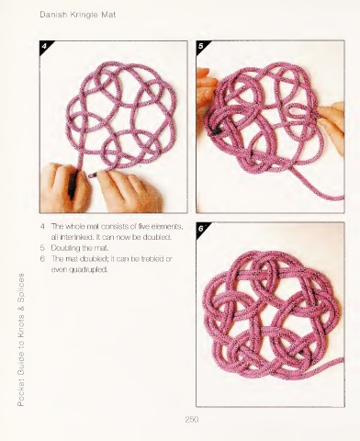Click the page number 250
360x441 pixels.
tap(192, 419)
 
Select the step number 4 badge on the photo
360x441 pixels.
tap(45, 46)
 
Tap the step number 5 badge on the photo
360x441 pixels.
tap(201, 46)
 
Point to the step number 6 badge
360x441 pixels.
tap(201, 229)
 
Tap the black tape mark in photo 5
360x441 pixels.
tap(216, 131)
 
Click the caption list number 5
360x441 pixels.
tap(42, 248)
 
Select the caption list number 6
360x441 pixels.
tap(42, 259)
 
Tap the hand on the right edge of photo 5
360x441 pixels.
tap(333, 126)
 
